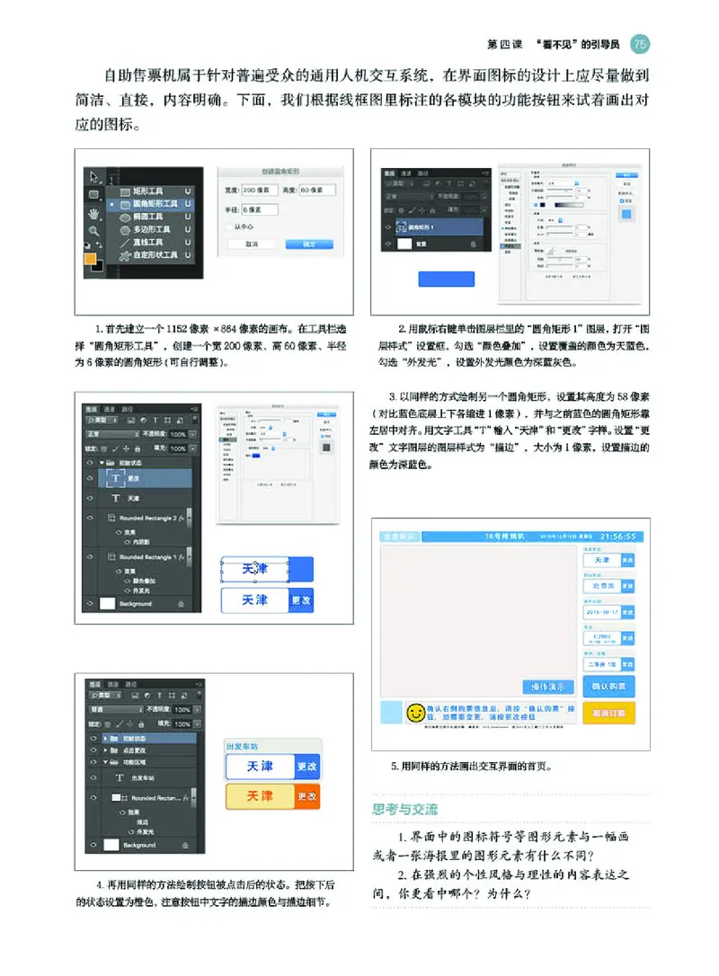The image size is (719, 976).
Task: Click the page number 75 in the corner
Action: (640, 42)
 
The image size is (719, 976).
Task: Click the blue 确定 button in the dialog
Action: (309, 244)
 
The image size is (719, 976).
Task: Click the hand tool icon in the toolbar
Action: (93, 214)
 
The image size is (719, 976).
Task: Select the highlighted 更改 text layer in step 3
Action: (135, 479)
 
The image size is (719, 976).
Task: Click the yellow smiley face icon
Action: (416, 712)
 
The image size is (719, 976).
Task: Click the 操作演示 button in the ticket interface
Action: (548, 687)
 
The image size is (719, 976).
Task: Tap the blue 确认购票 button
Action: (609, 687)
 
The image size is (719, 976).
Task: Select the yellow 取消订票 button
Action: (609, 712)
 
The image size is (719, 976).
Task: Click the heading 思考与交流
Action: (405, 810)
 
